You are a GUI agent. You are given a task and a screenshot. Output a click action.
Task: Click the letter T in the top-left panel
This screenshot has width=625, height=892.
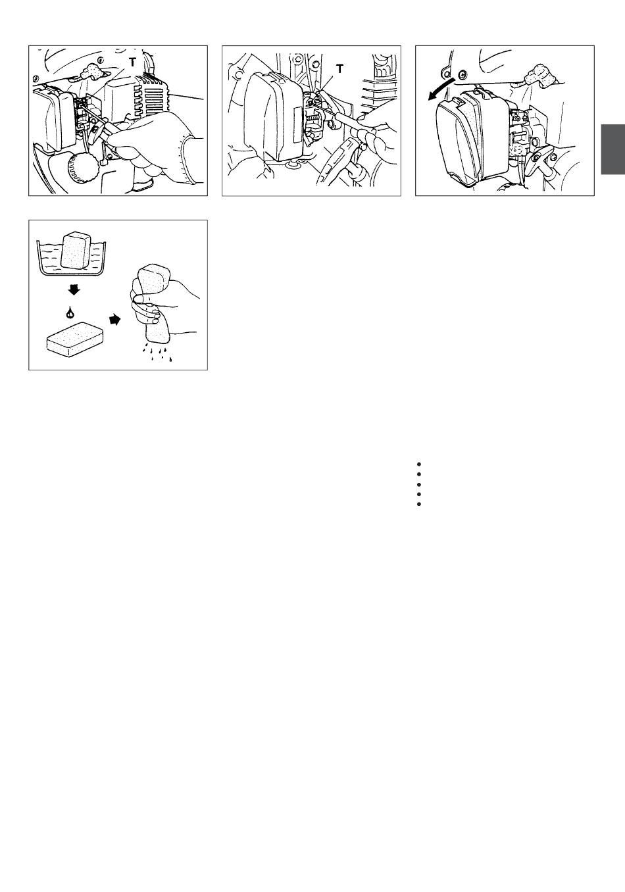pos(132,62)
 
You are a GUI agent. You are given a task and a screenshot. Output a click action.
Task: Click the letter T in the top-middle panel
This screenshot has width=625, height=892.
pos(339,69)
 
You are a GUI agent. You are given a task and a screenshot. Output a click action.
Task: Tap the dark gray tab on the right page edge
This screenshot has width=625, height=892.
pos(613,149)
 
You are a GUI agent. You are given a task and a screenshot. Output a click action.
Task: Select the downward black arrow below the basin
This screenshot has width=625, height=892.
pos(74,289)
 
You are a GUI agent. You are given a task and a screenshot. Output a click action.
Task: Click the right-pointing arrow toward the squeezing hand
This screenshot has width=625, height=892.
pos(114,319)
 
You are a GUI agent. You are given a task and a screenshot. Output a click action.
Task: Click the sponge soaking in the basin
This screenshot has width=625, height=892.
pos(76,251)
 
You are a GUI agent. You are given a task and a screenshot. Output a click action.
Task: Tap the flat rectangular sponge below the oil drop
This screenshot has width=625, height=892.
pos(75,339)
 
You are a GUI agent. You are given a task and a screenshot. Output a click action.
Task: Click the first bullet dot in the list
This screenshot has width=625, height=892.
pos(418,464)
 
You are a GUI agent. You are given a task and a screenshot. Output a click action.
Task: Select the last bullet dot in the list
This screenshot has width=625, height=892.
pos(418,504)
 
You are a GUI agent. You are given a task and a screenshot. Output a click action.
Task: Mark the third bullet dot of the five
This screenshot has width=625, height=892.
pos(418,485)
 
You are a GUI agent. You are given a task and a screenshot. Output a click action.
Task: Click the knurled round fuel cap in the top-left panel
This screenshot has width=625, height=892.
pos(82,168)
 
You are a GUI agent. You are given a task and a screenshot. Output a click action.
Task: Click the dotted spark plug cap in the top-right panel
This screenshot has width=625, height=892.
pos(539,75)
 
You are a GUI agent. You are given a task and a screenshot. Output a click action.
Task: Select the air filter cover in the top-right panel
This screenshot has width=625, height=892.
pos(472,137)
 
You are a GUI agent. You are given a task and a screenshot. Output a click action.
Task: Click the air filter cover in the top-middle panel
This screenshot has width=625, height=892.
pos(274,116)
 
